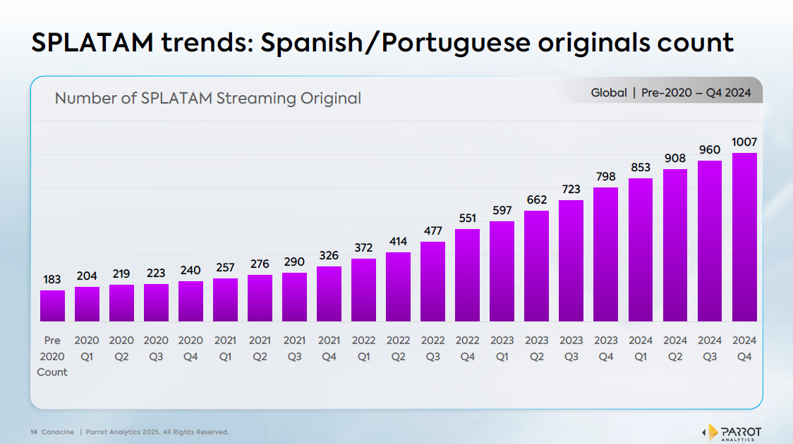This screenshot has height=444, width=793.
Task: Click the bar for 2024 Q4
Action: pos(744,238)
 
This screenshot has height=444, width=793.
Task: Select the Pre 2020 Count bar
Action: pos(52,306)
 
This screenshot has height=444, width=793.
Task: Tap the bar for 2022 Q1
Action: pos(363,290)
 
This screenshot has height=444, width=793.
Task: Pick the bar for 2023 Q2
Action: pos(537,266)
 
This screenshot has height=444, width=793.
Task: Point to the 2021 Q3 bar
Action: pos(294,297)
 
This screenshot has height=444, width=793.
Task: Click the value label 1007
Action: pos(744,142)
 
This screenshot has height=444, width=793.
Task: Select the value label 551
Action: pos(467,218)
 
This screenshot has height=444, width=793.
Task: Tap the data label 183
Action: pos(52,280)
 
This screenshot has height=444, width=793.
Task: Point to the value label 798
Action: pos(605,176)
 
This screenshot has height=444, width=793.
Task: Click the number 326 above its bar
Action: pos(329,256)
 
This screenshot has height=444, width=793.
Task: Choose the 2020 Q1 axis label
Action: pos(87,348)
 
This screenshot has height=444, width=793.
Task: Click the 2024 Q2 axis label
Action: pos(675,348)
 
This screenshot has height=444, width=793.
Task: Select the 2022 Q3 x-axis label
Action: pos(432,348)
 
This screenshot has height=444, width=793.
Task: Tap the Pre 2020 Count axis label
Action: pos(52,356)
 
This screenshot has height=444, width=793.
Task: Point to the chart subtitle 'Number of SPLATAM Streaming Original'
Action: pos(208,98)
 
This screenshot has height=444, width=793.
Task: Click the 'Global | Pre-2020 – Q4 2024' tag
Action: pos(671,93)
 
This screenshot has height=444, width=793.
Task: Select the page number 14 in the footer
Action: pos(34,432)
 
